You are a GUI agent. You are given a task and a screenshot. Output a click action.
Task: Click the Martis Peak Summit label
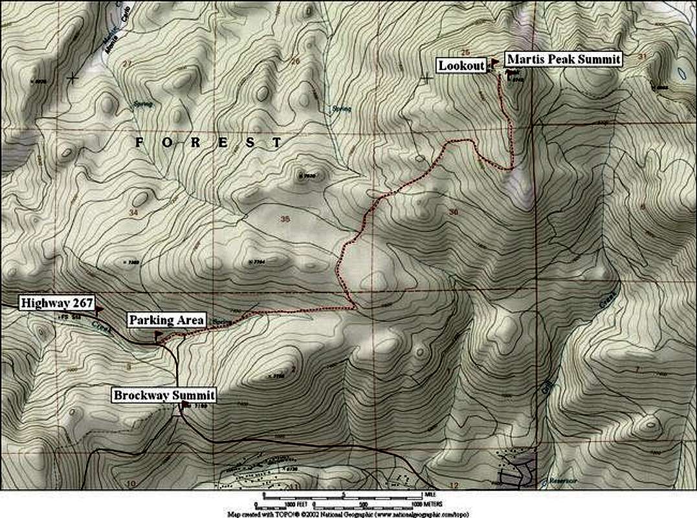point(563,60)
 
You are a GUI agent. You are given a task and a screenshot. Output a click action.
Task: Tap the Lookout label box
point(461,65)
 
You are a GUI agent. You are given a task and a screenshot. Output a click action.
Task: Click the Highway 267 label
point(58,302)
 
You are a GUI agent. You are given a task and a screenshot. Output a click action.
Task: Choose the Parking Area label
point(167,320)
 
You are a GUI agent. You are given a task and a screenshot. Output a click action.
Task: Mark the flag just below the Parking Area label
point(158,334)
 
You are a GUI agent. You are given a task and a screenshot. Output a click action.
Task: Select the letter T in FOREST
point(277,142)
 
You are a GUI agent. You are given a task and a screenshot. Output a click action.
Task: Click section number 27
point(126,63)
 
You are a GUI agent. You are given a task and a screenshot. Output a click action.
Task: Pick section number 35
point(285,219)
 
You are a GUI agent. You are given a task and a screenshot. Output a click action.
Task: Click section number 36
point(452,211)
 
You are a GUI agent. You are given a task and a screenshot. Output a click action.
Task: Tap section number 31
point(642,57)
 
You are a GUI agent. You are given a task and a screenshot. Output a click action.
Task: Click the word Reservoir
point(561,480)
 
